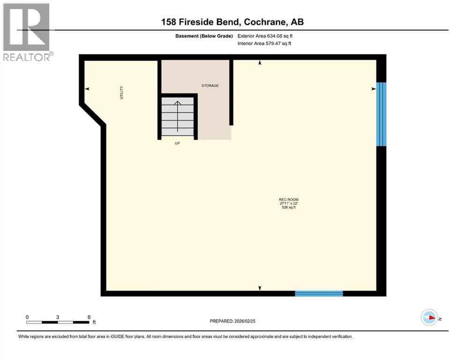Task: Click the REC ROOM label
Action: [288, 200]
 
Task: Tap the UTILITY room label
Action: [121, 91]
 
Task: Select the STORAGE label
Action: [210, 86]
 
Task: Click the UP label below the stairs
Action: [177, 143]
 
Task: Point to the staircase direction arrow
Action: [177, 117]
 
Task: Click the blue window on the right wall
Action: [382, 114]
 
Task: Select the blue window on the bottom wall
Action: [319, 293]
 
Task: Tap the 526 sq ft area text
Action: [288, 207]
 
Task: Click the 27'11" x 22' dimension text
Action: [288, 203]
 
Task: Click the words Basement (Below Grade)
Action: [207, 36]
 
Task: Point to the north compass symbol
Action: [428, 317]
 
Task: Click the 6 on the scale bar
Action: [89, 317]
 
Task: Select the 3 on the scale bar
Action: [58, 317]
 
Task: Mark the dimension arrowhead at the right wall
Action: [374, 89]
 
